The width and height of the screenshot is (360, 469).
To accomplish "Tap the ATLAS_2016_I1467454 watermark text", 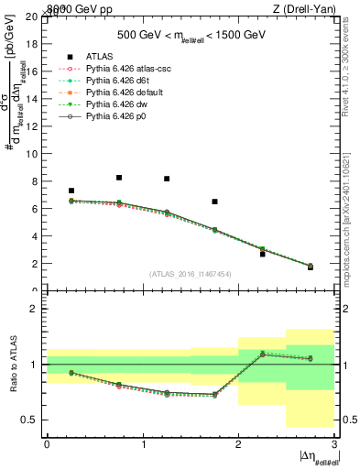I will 191,274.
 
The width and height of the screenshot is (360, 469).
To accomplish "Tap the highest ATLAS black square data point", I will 119,178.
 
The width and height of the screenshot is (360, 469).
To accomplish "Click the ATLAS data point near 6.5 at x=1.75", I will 214,202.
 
